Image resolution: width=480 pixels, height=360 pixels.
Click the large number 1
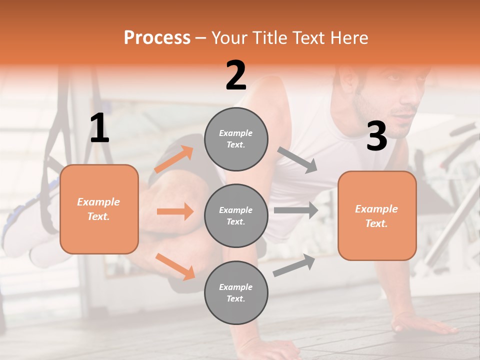pos(99,129)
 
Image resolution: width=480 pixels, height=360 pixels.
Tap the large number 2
pos(236,76)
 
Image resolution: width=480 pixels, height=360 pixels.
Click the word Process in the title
pos(157,37)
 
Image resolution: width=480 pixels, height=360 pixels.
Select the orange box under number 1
pos(99,209)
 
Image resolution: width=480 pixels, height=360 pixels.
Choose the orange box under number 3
pos(377,216)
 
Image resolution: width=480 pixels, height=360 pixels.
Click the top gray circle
pos(236,139)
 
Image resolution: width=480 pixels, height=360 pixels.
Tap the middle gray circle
pos(236,215)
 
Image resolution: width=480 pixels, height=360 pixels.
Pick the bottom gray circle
pos(236,292)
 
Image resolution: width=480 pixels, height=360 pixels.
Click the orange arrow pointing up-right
pos(174,159)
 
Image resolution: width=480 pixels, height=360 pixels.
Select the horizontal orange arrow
pos(175,211)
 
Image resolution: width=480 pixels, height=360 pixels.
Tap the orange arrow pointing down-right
pos(175,266)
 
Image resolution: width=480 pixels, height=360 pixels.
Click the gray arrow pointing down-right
pos(297,160)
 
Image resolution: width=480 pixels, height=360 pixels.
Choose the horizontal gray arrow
pos(296,210)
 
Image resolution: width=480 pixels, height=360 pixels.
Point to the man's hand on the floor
pos(425,325)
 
